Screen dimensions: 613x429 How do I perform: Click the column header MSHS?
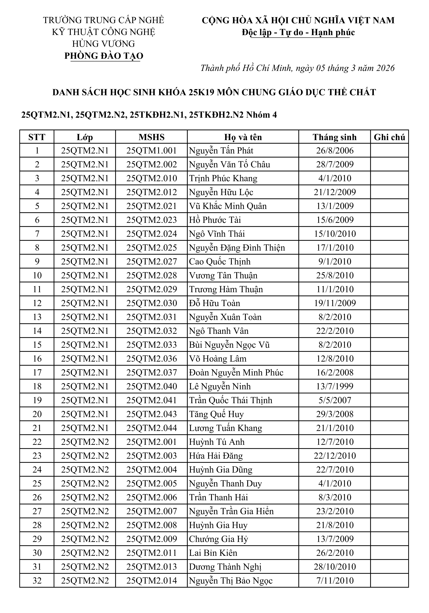151,137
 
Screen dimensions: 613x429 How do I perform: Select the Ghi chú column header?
389,137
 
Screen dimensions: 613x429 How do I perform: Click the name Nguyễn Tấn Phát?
221,151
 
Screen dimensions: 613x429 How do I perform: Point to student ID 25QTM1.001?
151,151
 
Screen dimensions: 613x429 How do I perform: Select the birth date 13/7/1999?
335,386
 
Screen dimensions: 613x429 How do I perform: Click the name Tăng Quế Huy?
216,414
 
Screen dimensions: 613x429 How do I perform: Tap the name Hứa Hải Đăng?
216,456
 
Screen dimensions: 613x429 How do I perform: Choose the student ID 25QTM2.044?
151,428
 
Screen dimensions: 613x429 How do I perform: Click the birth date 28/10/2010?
335,567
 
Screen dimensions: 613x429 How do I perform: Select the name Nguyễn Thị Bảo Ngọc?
231,580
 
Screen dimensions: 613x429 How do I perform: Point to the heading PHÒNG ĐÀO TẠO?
104,56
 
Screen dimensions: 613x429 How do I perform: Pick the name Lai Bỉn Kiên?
213,553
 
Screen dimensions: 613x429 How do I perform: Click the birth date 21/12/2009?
335,192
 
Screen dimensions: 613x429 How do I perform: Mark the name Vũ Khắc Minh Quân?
228,206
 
